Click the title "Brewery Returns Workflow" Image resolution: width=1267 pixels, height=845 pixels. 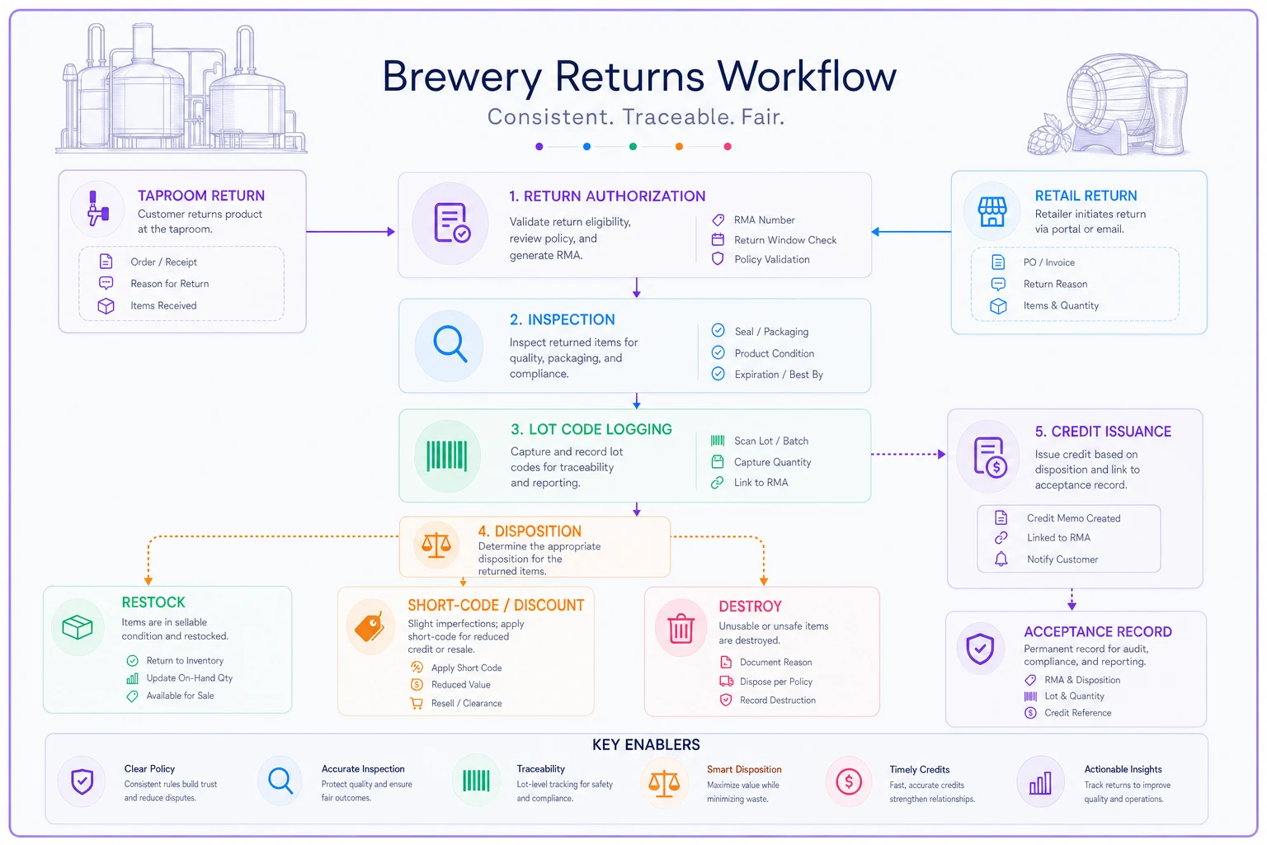[639, 77]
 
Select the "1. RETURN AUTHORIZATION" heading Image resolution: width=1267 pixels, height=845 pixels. [607, 196]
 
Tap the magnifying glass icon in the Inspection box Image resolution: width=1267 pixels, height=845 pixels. [450, 343]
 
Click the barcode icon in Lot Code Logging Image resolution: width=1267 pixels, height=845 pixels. [447, 456]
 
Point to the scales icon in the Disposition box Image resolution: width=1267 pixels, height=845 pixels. [436, 545]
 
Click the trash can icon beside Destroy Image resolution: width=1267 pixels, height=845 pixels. [681, 628]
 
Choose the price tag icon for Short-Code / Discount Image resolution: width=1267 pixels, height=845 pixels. [370, 627]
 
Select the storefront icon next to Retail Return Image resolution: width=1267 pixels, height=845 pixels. [992, 212]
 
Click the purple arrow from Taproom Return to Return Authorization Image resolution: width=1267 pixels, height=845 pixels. [351, 232]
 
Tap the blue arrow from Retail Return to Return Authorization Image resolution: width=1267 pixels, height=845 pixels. [911, 232]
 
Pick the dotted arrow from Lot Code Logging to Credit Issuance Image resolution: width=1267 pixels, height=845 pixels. [908, 454]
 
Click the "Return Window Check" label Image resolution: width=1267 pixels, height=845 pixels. [785, 240]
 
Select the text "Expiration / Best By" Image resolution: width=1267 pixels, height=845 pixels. [779, 374]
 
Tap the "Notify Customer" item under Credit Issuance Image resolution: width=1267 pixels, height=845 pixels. [1062, 559]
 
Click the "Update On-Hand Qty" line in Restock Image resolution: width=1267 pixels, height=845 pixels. [190, 678]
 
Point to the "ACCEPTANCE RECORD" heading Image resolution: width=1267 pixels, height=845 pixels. [1098, 631]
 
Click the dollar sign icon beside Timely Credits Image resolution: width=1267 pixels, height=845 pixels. [849, 781]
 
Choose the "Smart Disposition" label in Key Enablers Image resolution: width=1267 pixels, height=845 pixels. [744, 769]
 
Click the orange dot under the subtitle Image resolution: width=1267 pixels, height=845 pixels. [679, 147]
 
